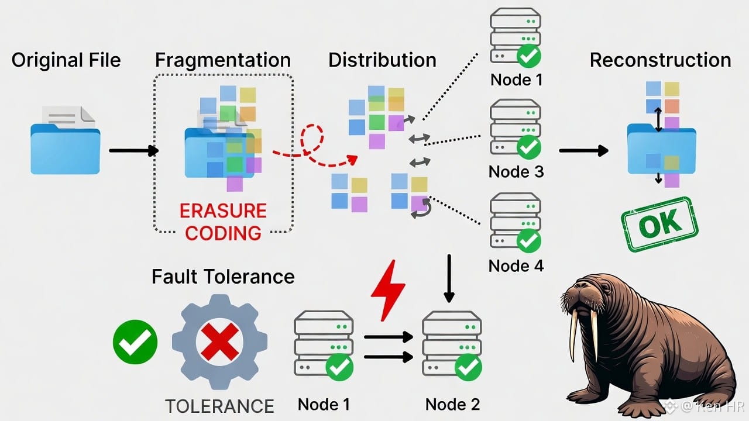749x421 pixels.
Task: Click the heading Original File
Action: (66, 60)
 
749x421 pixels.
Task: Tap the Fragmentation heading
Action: (223, 60)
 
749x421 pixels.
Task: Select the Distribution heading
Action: (382, 60)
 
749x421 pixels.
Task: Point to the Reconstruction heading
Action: (660, 60)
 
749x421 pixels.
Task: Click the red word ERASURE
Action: (223, 210)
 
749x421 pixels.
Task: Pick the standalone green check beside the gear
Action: (135, 342)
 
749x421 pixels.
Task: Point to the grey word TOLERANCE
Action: (219, 406)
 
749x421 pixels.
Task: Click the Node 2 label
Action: (452, 404)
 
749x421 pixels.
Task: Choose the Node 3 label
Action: (516, 172)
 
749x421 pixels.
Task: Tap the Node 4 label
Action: (516, 266)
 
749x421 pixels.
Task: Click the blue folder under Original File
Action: (65, 146)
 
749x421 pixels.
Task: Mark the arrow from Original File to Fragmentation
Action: (133, 151)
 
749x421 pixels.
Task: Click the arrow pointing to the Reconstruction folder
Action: (583, 151)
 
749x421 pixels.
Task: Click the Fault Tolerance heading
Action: (223, 277)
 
